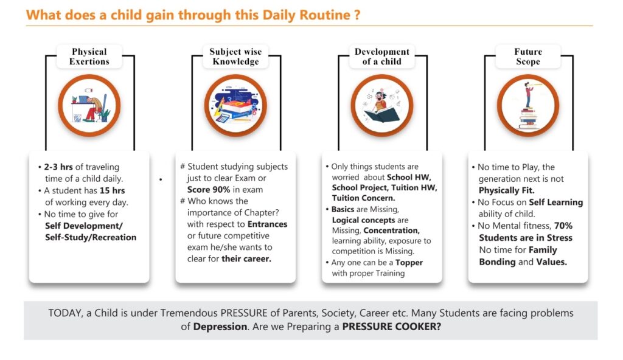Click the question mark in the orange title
click(x=357, y=15)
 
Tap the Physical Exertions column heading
click(x=89, y=57)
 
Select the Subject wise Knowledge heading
click(x=235, y=57)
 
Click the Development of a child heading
click(x=382, y=57)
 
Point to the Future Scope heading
click(x=528, y=57)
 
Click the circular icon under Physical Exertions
click(x=89, y=105)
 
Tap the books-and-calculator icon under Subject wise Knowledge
click(x=235, y=105)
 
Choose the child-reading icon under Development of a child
click(x=382, y=105)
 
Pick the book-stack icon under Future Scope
click(x=528, y=105)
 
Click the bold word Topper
click(x=408, y=263)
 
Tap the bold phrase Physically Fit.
click(x=506, y=191)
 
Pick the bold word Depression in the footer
click(x=220, y=327)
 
